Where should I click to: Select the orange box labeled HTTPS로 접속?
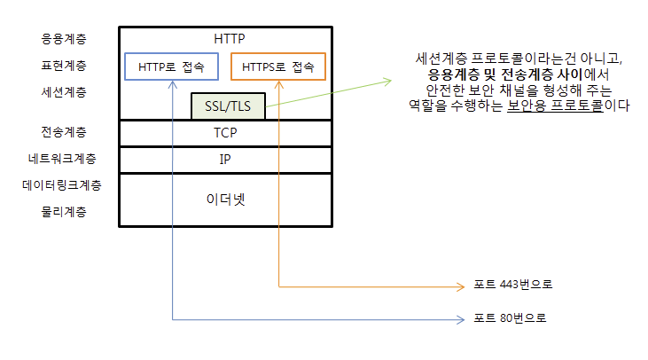tap(278, 67)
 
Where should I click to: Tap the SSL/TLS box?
tap(228, 106)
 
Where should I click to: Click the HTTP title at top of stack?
tap(229, 39)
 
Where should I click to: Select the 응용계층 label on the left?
tap(64, 40)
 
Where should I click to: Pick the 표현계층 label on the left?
tap(64, 66)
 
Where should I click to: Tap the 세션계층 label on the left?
tap(64, 91)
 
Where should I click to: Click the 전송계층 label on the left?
tap(64, 132)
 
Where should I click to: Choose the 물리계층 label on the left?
tap(64, 212)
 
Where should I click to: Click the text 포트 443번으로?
tap(513, 285)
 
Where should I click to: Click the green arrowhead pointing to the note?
tap(386, 82)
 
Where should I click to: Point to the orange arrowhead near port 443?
tap(461, 286)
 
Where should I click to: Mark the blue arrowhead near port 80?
tap(461, 317)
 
